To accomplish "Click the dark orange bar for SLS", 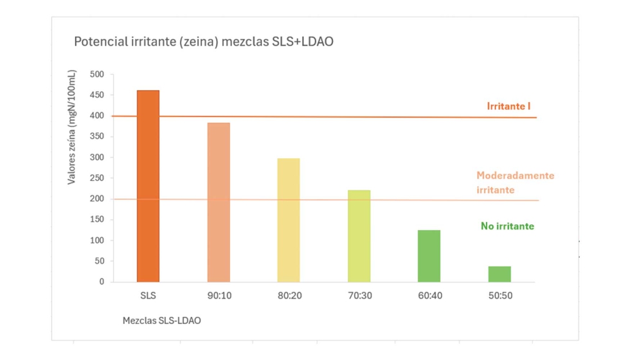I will click(148, 186).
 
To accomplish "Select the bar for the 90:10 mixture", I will click(219, 203).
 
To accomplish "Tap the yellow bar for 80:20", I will click(289, 220).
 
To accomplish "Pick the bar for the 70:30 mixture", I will click(359, 236).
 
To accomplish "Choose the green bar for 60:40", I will click(429, 256).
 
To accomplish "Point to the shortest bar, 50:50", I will click(500, 274).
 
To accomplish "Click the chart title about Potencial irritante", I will click(203, 42).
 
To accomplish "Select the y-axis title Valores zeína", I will click(72, 127).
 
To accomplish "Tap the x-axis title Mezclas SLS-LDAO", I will click(161, 320).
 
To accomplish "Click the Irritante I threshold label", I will click(509, 106).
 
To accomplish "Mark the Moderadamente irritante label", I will click(514, 183).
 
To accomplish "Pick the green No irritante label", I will click(507, 226).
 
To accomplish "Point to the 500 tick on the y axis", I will click(96, 75).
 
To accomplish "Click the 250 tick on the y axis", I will click(96, 178).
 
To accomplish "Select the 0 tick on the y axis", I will click(101, 282).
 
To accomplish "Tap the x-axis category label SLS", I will click(148, 296).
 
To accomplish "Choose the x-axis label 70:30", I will click(359, 296).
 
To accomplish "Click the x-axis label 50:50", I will click(500, 296).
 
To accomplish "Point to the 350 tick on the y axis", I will click(96, 137).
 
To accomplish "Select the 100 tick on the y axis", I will click(96, 240).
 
